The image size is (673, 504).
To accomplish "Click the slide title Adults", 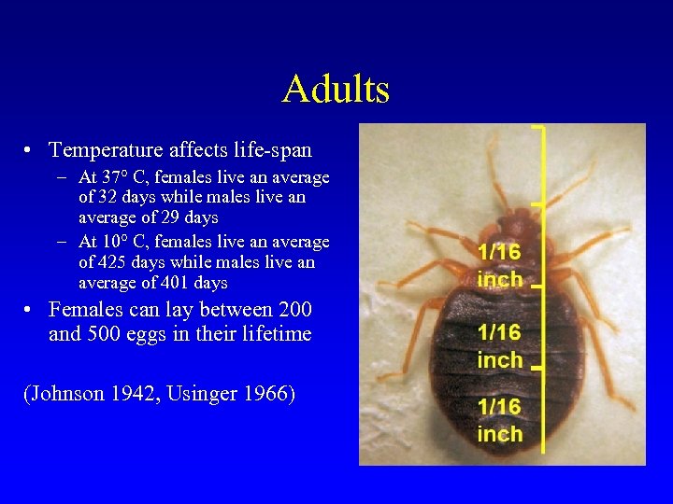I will click(336, 90).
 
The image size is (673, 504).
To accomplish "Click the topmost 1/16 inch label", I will click(499, 265).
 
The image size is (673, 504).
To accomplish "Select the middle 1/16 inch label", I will click(499, 345).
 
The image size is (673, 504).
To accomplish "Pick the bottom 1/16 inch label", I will click(499, 420).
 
